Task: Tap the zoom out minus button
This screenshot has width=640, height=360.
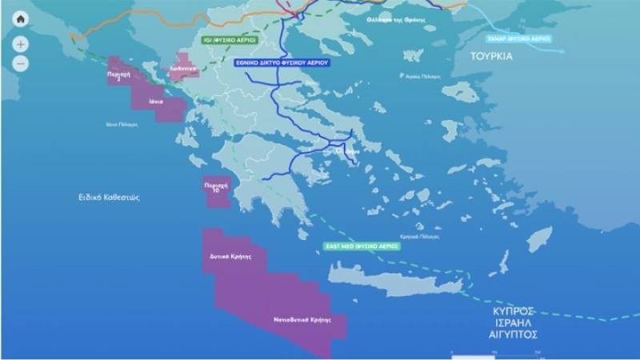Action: pos(21,62)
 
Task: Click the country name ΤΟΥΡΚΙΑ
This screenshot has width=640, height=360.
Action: pos(491,58)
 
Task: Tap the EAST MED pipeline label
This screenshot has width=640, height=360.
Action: pos(362,246)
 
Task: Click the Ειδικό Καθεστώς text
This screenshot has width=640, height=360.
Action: pos(102,196)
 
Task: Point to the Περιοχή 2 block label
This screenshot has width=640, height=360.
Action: pos(118,75)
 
